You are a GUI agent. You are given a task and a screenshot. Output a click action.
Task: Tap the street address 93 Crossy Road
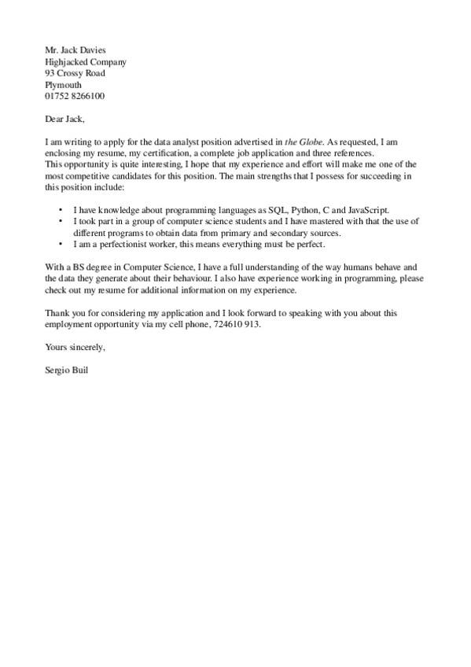click(x=75, y=73)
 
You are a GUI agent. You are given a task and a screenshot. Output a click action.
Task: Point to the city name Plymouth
click(x=63, y=85)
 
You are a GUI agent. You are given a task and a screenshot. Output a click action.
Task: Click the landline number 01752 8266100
click(x=75, y=96)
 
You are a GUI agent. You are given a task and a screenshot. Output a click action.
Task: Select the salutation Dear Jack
click(x=64, y=119)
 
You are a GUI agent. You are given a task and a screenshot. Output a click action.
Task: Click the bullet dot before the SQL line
click(x=61, y=211)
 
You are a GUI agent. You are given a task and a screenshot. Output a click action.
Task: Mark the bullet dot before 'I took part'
click(x=61, y=222)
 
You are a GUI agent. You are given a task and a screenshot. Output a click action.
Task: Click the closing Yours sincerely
click(x=75, y=347)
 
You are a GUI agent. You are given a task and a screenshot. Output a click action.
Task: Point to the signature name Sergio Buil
click(x=67, y=370)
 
